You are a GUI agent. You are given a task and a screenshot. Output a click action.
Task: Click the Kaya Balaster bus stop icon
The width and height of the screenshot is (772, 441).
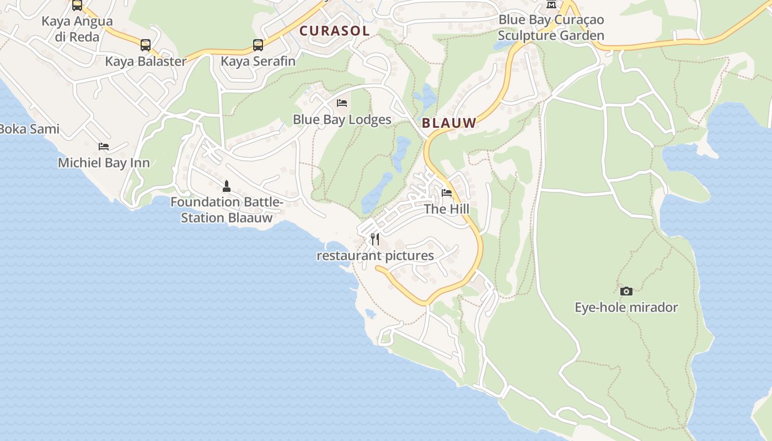146,45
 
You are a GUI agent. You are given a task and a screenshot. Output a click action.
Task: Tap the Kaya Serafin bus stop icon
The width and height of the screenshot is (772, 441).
258,45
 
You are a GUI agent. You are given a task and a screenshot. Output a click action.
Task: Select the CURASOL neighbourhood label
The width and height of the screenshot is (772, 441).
334,31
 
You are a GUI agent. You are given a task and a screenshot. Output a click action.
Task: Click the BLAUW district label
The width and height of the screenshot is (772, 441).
449,123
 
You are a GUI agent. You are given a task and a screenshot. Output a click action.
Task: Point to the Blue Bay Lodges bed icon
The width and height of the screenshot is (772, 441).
342,103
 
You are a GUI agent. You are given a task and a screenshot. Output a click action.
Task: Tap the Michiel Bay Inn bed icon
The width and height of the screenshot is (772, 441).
104,147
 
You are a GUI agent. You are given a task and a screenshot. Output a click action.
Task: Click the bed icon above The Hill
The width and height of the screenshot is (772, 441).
447,193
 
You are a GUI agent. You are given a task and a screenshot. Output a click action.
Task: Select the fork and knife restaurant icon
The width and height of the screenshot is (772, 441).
375,239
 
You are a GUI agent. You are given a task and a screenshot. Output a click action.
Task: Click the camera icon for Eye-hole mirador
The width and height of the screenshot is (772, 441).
626,291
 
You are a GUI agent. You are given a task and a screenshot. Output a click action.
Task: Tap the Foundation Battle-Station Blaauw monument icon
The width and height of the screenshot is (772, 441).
226,186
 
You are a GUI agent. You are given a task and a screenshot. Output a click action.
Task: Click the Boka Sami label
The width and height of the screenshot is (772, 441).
29,129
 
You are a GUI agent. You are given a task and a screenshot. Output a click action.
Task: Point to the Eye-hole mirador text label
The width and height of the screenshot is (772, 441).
626,307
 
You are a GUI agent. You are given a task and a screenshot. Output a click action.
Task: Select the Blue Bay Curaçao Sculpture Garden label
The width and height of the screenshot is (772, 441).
551,28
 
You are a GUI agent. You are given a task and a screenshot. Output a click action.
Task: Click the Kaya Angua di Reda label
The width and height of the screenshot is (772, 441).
77,29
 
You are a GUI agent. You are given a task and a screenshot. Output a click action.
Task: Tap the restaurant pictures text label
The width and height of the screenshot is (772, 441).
375,256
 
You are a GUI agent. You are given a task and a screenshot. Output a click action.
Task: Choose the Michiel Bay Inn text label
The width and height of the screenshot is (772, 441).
104,163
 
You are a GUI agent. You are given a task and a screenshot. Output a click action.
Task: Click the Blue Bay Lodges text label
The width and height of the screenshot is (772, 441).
342,119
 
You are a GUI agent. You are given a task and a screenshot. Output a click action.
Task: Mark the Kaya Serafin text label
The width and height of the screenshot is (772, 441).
258,61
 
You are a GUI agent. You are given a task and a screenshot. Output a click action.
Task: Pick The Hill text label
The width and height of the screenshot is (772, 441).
447,209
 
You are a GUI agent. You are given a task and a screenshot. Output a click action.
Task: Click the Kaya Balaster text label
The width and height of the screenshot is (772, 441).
146,61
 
